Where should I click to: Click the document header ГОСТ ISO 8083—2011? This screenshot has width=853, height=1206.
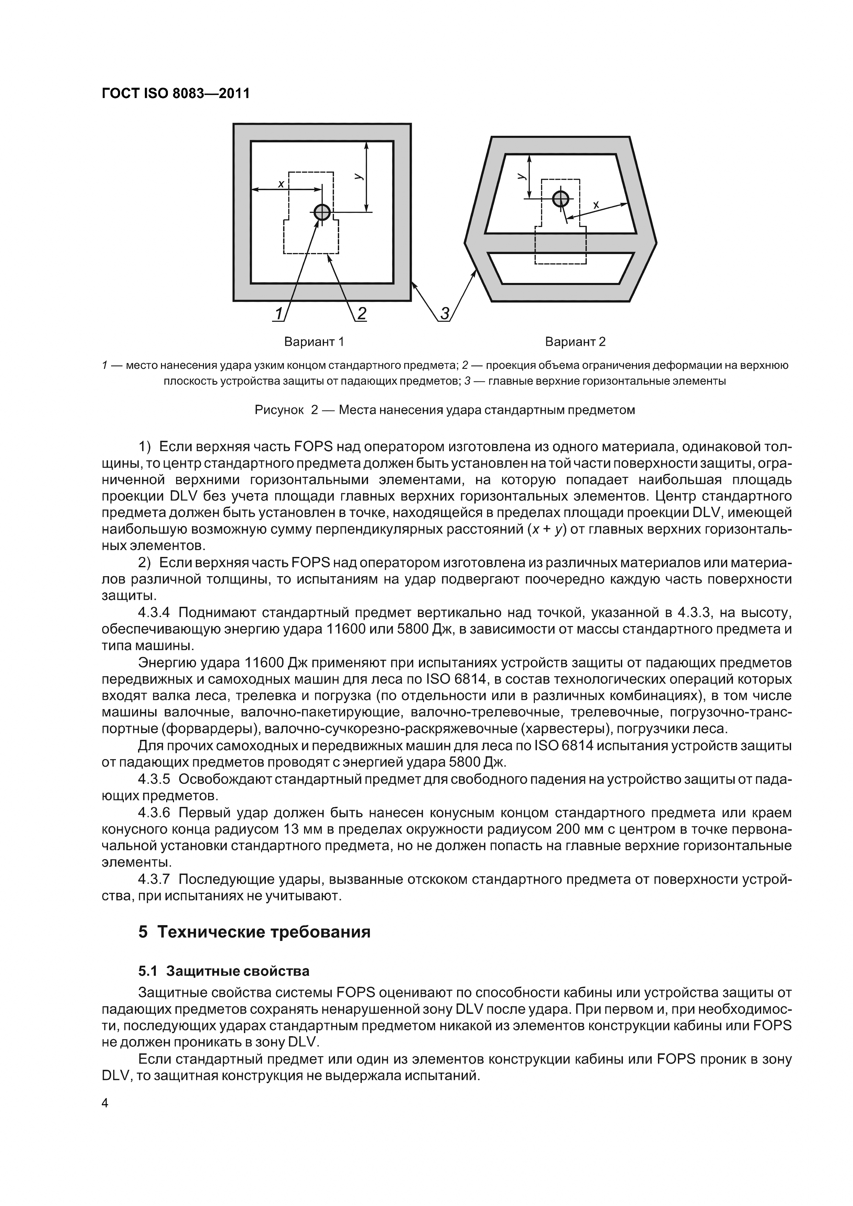point(175,94)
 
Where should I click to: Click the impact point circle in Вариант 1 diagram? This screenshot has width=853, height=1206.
point(322,212)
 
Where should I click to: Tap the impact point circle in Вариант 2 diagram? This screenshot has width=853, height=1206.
point(561,199)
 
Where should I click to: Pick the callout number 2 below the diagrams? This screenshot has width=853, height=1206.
point(361,314)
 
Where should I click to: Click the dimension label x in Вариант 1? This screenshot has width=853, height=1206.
point(281,184)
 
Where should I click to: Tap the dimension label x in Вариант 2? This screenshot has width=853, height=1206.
point(596,205)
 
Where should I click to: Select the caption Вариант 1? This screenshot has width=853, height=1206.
point(314,342)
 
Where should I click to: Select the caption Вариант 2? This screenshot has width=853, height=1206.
point(575,342)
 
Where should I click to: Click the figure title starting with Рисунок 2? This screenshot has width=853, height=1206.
point(445,410)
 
